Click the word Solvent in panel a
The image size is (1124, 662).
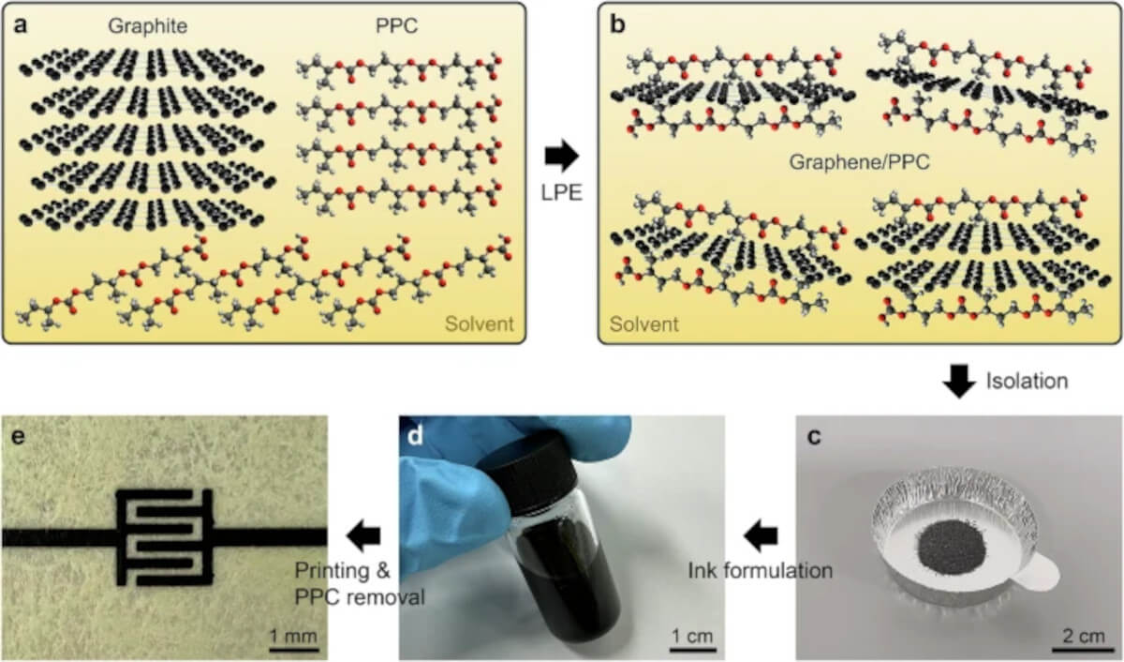point(479,324)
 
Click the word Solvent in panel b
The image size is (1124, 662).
point(643,324)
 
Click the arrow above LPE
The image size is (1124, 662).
point(561,156)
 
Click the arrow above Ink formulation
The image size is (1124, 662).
point(760,537)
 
